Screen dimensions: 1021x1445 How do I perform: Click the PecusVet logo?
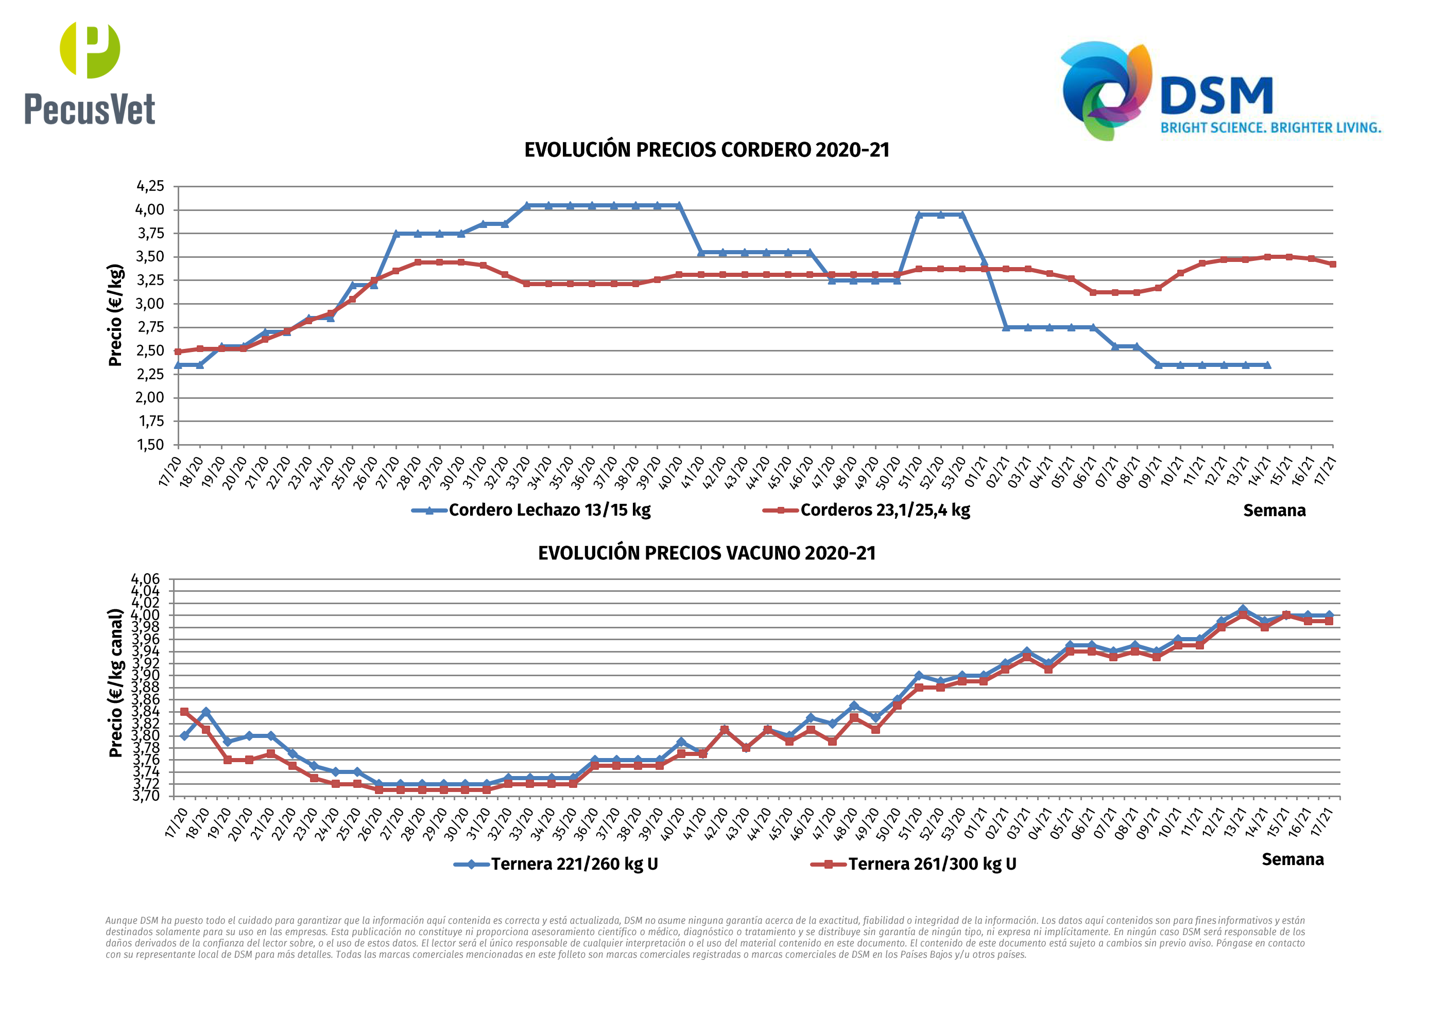point(90,74)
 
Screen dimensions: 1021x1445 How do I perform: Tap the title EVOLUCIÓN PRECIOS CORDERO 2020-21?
point(707,150)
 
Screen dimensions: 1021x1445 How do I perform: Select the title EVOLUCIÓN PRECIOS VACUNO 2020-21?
point(707,554)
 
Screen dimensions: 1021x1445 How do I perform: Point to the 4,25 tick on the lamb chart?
point(150,186)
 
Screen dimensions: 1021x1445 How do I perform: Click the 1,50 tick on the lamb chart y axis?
point(150,445)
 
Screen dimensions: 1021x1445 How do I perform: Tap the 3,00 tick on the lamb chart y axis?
point(150,304)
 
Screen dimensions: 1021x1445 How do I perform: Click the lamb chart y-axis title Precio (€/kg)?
point(115,315)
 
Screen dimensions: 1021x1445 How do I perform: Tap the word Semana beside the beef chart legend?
point(1293,860)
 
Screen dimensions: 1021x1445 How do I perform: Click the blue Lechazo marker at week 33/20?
point(527,206)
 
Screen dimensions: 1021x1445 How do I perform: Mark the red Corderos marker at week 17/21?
point(1332,264)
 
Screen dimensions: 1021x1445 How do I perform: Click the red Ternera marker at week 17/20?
point(184,712)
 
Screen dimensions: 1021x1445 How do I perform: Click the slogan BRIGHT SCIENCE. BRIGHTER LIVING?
point(1270,128)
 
